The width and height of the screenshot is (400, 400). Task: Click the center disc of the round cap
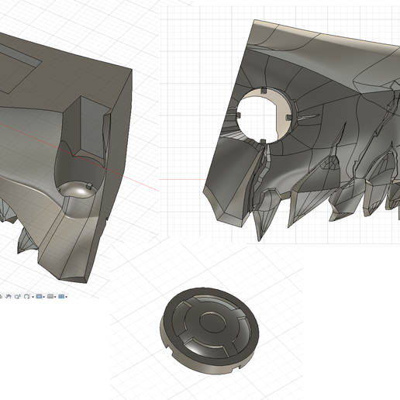pyautogui.click(x=208, y=323)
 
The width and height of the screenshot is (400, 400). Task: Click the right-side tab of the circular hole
pyautogui.click(x=287, y=118)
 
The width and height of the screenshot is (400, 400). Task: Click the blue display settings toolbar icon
pyautogui.click(x=40, y=296)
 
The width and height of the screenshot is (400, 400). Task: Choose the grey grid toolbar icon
pyautogui.click(x=50, y=296)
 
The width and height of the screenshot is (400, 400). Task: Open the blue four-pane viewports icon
pyautogui.click(x=61, y=296)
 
